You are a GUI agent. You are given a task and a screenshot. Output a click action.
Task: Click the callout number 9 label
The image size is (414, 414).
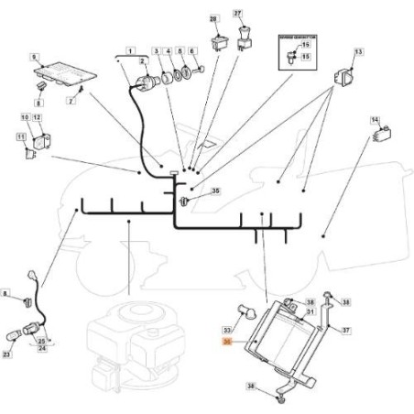(35, 58)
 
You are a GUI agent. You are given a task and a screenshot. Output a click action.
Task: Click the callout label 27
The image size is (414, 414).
(238, 13)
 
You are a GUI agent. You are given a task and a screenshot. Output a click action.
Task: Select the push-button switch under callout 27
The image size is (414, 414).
(244, 40)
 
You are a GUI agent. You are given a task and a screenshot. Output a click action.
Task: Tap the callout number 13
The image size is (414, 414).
(358, 52)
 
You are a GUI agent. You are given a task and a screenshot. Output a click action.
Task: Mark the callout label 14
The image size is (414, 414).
(375, 120)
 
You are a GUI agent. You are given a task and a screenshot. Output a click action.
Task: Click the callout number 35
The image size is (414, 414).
(215, 191)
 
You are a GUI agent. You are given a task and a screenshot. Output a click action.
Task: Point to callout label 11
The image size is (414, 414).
(20, 137)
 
